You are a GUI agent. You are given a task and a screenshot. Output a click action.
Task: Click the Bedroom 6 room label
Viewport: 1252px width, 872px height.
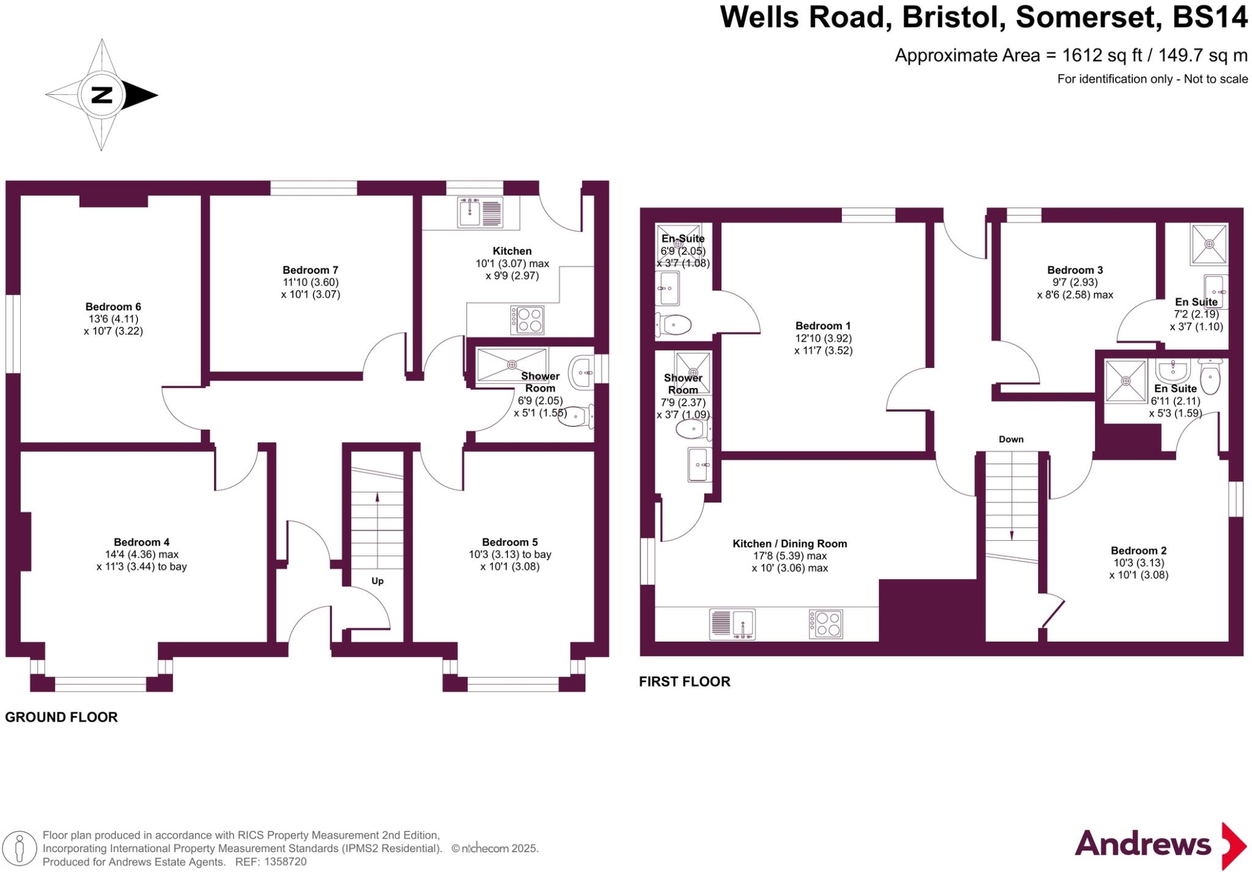pos(113,307)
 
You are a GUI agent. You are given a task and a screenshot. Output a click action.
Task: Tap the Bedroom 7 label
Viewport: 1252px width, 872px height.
pos(310,270)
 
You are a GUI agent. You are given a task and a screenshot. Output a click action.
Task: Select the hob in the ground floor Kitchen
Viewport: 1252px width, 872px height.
pos(527,320)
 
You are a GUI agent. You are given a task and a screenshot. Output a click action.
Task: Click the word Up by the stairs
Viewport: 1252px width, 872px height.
pos(377,581)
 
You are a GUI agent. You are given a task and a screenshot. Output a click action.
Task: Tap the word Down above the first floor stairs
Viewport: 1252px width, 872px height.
pos(1011,439)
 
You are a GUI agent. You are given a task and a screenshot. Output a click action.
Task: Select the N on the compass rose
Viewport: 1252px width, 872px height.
pos(101,95)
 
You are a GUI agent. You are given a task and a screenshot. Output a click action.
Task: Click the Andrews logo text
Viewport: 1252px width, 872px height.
pos(1143,845)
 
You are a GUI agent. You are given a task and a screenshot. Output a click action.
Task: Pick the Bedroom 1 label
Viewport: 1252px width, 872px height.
pos(822,326)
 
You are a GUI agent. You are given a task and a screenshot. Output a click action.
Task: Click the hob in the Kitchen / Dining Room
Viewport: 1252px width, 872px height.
pos(826,624)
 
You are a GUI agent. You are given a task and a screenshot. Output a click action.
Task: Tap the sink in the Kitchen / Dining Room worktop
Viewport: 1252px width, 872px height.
pos(732,624)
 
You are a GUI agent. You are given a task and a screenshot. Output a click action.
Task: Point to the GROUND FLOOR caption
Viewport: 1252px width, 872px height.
pos(61,717)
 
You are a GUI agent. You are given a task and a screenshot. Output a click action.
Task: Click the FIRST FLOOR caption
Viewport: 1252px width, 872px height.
pos(684,682)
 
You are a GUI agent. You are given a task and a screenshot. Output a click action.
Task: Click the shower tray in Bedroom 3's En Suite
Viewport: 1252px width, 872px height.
pos(1209,244)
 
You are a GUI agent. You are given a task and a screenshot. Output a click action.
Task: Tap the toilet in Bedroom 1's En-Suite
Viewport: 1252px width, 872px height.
pos(675,325)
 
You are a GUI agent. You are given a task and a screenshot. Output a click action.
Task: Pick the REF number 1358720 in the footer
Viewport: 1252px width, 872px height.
pos(285,862)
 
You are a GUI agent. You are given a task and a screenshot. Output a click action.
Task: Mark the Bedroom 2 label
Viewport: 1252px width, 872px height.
pos(1138,551)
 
